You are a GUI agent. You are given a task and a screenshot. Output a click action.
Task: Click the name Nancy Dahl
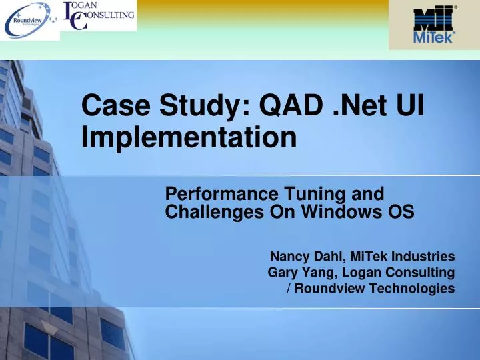click(x=299, y=256)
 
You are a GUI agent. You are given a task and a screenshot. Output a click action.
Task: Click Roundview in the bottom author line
click(x=327, y=288)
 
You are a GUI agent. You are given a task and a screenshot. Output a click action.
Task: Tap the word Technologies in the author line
click(x=409, y=288)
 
